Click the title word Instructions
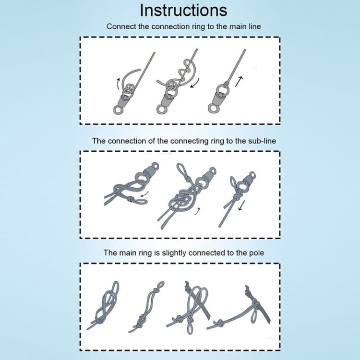pyautogui.click(x=183, y=11)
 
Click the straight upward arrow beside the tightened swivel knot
pyautogui.click(x=239, y=82)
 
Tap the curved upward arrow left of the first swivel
pyautogui.click(x=118, y=84)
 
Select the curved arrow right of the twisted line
pyautogui.click(x=195, y=84)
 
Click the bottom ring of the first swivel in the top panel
pyautogui.click(x=118, y=110)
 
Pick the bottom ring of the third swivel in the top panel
pyautogui.click(x=213, y=108)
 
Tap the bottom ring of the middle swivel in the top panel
pyautogui.click(x=161, y=109)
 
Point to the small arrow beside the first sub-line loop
pyautogui.click(x=144, y=194)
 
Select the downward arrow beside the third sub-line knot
pyautogui.click(x=241, y=205)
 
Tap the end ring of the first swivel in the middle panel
pyautogui.click(x=155, y=166)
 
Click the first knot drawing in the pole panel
pyautogui.click(x=104, y=305)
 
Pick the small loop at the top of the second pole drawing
pyautogui.click(x=160, y=285)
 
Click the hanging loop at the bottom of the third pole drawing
pyautogui.click(x=190, y=328)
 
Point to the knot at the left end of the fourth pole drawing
pyautogui.click(x=219, y=324)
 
